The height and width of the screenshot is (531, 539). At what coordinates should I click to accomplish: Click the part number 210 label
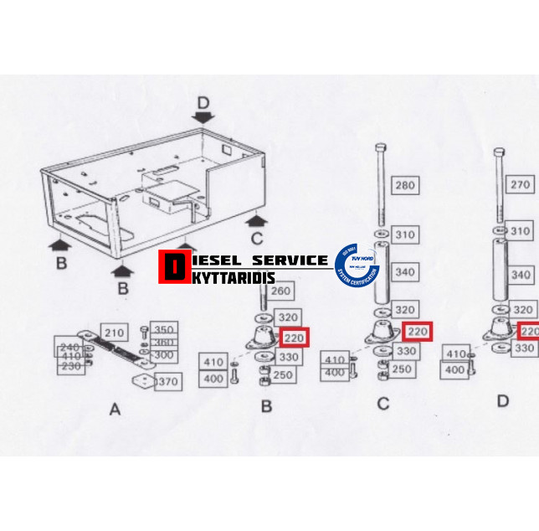tap(113, 333)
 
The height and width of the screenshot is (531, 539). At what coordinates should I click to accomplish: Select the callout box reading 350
tap(164, 330)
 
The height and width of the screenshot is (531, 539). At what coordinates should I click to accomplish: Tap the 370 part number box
tap(167, 382)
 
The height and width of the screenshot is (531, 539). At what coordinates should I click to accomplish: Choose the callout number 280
tap(405, 185)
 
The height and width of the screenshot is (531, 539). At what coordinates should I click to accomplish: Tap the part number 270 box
tap(521, 185)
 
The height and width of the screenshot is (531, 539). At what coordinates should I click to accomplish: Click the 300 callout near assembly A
tap(164, 355)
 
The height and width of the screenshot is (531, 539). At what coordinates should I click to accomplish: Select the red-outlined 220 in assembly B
tap(295, 338)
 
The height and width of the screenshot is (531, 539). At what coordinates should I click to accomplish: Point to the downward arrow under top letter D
tap(203, 116)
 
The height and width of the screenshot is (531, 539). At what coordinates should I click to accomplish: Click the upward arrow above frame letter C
tap(257, 220)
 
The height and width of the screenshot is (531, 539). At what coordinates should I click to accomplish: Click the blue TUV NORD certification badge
tap(357, 262)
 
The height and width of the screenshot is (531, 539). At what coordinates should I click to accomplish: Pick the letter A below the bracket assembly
tap(115, 409)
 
